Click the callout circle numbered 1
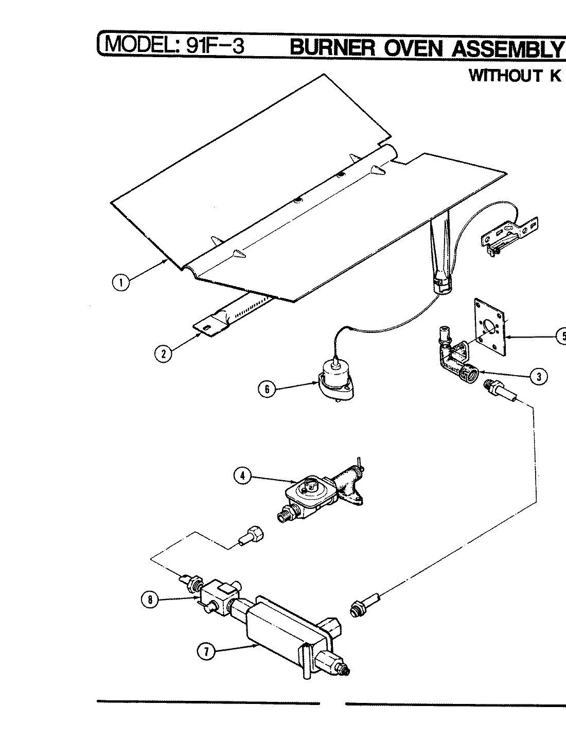click(121, 283)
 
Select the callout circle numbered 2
click(163, 354)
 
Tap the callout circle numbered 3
click(538, 377)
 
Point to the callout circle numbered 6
click(267, 389)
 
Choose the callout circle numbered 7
click(206, 651)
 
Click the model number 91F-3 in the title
click(211, 46)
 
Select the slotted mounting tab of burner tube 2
click(209, 327)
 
